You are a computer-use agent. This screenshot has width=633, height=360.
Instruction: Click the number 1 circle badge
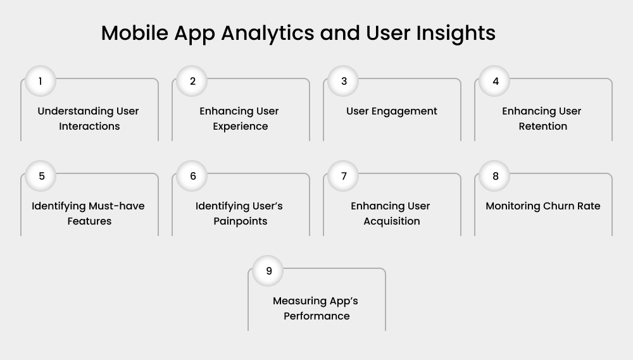click(41, 81)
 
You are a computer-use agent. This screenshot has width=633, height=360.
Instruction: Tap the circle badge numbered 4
click(495, 81)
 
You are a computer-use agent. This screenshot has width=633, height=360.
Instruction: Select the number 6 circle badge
click(192, 176)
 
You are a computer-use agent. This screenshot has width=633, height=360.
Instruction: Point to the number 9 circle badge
click(268, 271)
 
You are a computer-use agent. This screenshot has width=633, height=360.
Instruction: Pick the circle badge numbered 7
click(344, 176)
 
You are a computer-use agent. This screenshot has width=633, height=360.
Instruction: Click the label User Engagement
click(391, 111)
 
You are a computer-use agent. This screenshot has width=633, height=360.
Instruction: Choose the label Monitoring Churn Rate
click(542, 206)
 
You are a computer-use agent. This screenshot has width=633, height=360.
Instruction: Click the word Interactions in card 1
click(89, 127)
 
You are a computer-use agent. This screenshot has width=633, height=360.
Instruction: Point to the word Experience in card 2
click(240, 127)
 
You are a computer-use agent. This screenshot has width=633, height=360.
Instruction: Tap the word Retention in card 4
click(542, 127)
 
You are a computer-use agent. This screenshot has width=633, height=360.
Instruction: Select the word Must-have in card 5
click(117, 206)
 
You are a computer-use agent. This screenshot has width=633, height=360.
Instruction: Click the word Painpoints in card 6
click(240, 221)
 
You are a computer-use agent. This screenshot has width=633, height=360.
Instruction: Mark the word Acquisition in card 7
click(391, 221)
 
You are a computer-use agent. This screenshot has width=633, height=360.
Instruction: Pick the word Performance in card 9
click(316, 316)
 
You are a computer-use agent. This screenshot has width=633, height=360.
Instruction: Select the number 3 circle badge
click(344, 81)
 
